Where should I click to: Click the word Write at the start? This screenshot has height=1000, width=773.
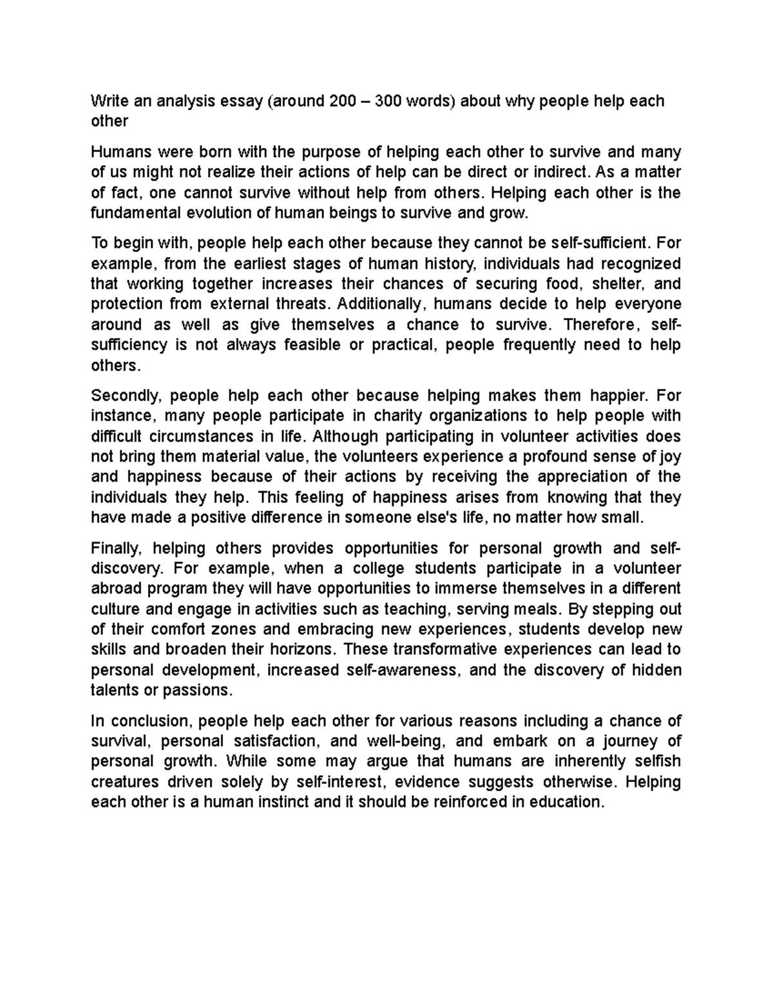point(108,101)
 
